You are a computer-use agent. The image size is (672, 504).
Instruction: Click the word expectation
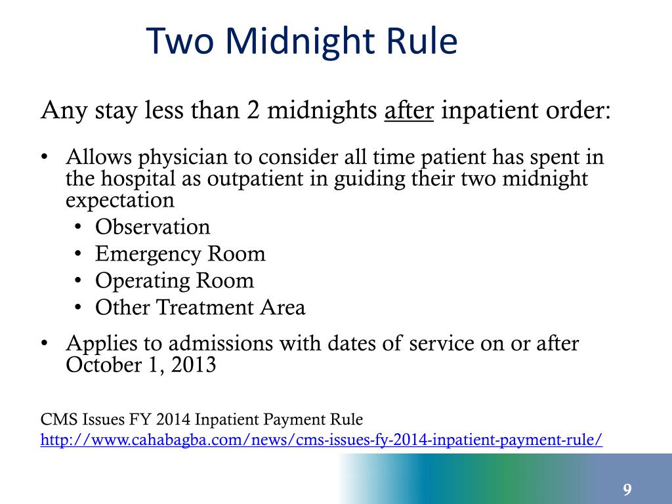tap(120, 199)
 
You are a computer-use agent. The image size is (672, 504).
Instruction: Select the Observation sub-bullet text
tap(152, 227)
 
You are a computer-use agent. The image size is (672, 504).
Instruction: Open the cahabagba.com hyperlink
tap(321, 439)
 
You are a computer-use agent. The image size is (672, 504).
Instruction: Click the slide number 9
tap(627, 490)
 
